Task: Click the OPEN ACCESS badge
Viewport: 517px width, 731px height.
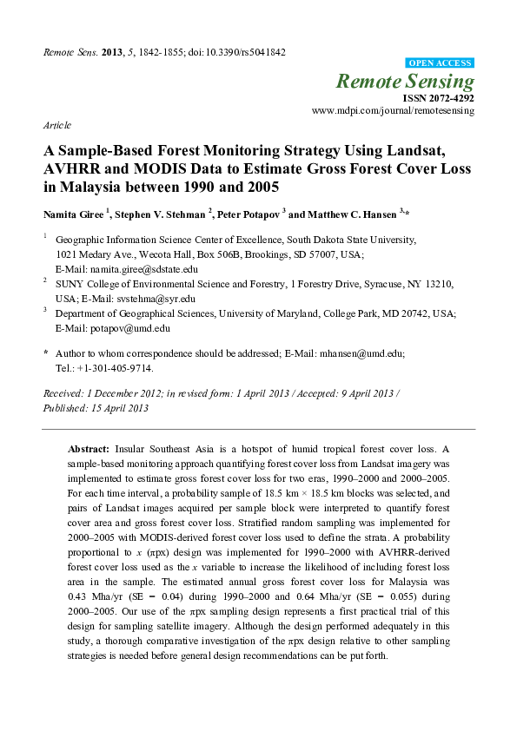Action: (x=441, y=63)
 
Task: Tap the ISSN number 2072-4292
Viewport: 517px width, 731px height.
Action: (x=449, y=99)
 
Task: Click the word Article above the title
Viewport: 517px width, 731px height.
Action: (x=57, y=126)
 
